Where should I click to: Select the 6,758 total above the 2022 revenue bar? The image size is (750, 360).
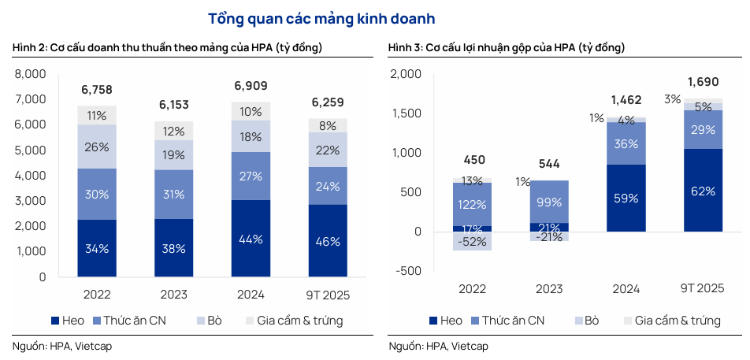pyautogui.click(x=97, y=88)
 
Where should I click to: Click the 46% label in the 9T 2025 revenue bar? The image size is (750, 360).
pyautogui.click(x=329, y=242)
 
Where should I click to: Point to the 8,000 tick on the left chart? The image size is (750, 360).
pyautogui.click(x=32, y=74)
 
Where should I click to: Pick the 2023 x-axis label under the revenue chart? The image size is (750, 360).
pyautogui.click(x=173, y=295)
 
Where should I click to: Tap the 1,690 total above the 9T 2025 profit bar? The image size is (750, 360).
pyautogui.click(x=703, y=82)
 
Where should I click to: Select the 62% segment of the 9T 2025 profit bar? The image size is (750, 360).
pyautogui.click(x=703, y=191)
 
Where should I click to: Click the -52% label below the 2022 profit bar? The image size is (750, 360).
pyautogui.click(x=472, y=242)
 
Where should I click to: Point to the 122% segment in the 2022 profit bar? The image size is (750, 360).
pyautogui.click(x=472, y=204)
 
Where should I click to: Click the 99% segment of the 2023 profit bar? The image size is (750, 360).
pyautogui.click(x=549, y=203)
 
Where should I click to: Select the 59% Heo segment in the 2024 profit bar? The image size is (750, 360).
pyautogui.click(x=626, y=199)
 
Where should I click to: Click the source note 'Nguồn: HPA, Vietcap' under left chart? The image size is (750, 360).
pyautogui.click(x=63, y=346)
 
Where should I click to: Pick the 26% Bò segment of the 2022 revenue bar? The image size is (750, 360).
pyautogui.click(x=97, y=147)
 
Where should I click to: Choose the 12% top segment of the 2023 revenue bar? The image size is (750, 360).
pyautogui.click(x=173, y=131)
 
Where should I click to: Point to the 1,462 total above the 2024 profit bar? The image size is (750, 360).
pyautogui.click(x=626, y=100)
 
